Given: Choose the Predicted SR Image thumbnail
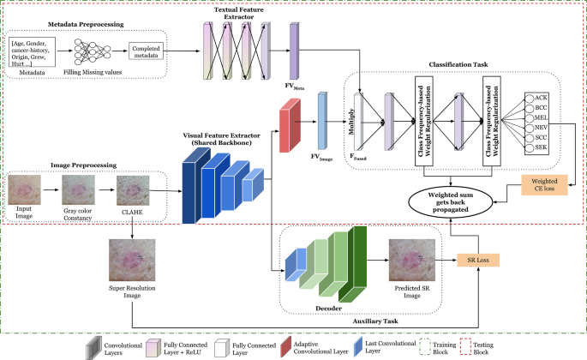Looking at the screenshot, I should [x=411, y=256].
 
